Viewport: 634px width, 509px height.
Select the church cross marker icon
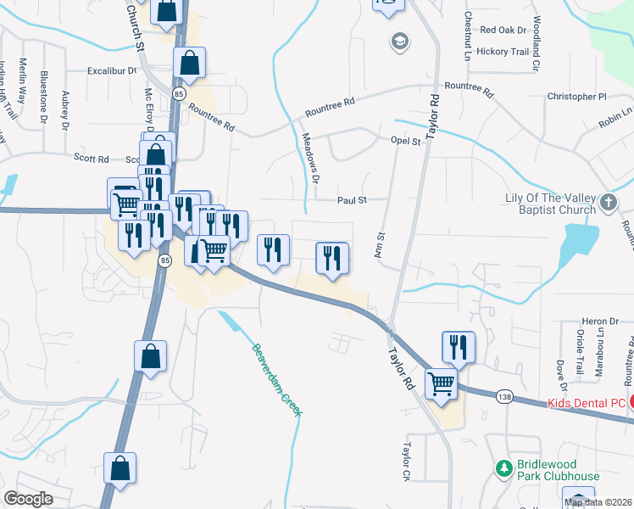click(608, 202)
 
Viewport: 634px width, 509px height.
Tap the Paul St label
click(351, 200)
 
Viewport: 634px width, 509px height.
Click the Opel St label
click(405, 141)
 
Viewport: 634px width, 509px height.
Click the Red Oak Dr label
click(503, 30)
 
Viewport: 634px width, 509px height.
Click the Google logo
click(28, 499)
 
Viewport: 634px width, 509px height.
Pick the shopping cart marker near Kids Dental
click(442, 383)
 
